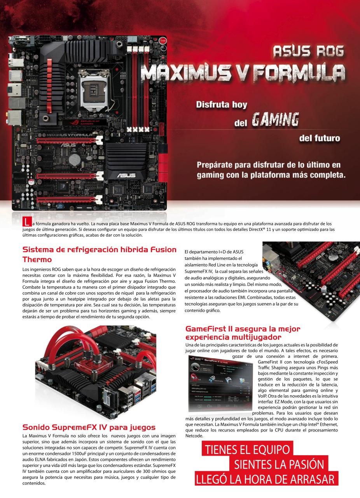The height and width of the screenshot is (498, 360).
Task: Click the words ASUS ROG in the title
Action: (x=308, y=51)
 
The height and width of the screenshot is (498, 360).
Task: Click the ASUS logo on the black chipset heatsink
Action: (x=127, y=175)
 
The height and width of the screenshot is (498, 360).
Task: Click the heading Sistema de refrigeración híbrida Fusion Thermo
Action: (x=100, y=254)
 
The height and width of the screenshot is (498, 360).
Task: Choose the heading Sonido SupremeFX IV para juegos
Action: (x=89, y=427)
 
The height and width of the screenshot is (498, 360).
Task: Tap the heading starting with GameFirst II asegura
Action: (x=243, y=333)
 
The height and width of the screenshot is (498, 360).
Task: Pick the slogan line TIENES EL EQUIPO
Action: (x=247, y=449)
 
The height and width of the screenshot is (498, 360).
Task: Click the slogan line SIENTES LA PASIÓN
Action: (x=279, y=464)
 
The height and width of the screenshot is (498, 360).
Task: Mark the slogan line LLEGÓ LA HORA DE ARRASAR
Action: (x=267, y=479)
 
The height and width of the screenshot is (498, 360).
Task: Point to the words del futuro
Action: (x=319, y=138)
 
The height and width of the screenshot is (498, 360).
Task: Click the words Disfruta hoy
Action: (x=222, y=105)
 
